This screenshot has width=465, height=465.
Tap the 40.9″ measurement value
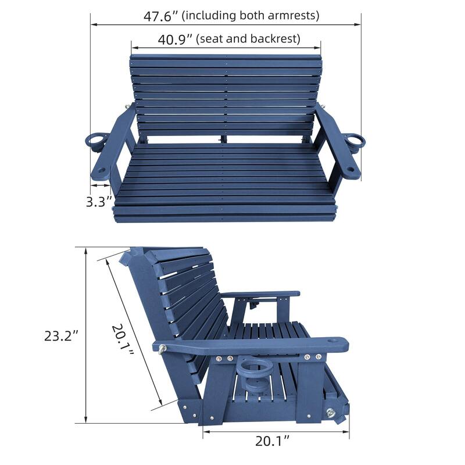click(175, 40)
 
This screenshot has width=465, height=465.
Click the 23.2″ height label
click(61, 336)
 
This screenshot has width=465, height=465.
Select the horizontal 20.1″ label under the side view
click(271, 441)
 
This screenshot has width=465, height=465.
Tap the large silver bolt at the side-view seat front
click(332, 412)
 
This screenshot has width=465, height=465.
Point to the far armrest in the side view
click(261, 294)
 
